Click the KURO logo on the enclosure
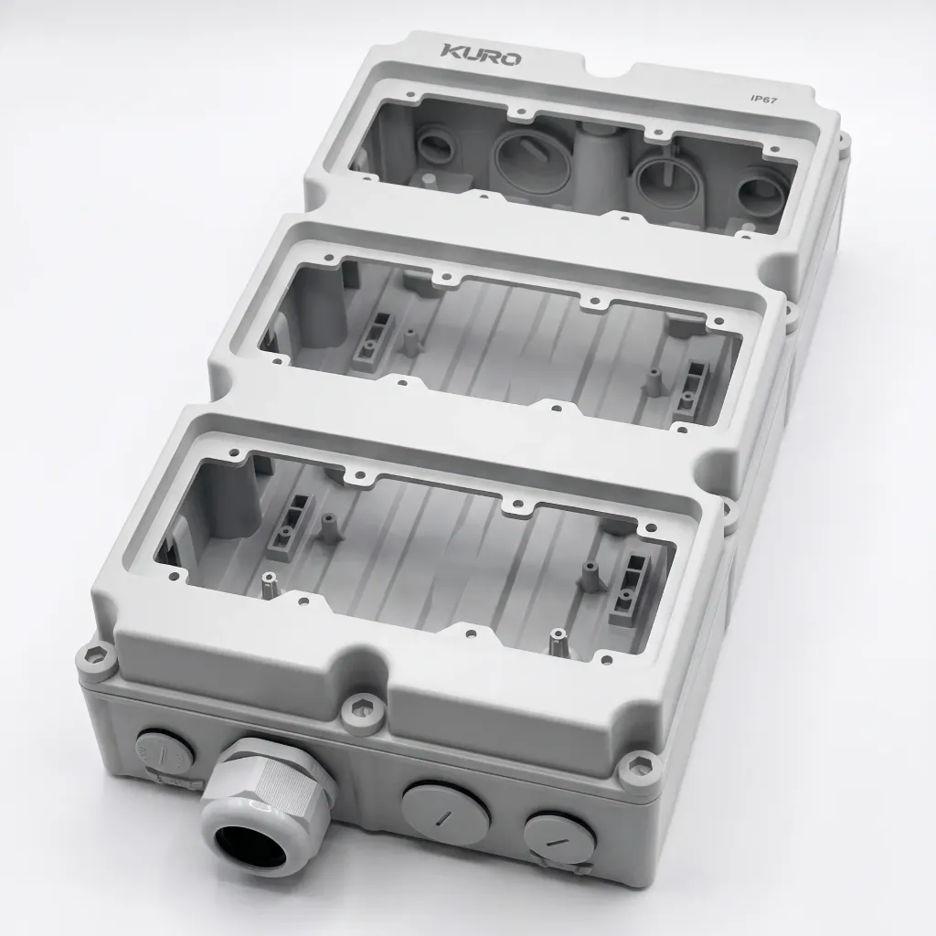click(x=481, y=54)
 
